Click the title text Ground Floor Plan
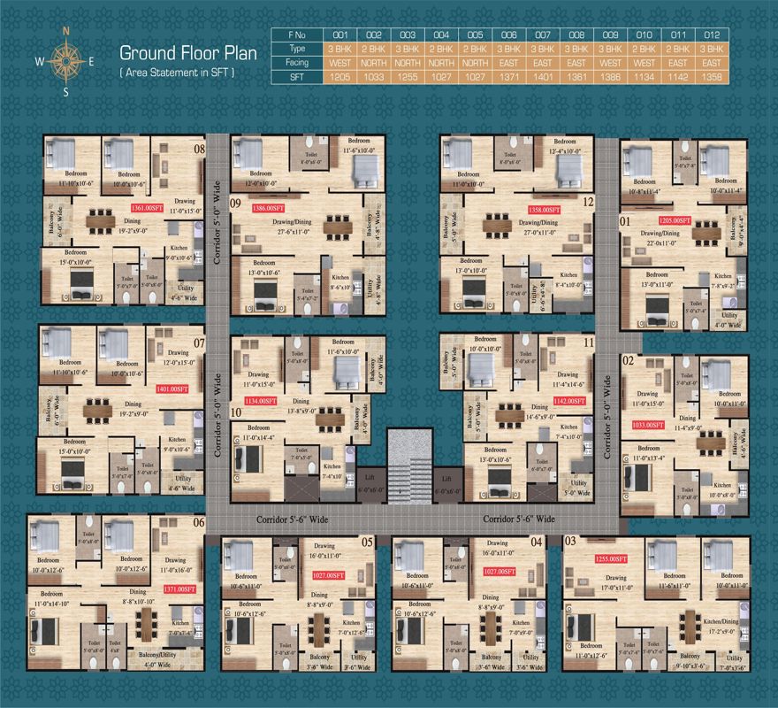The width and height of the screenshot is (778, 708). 188,52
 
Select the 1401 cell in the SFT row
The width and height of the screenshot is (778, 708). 542,77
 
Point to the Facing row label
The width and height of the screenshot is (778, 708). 296,63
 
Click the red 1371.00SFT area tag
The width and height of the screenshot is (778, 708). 178,589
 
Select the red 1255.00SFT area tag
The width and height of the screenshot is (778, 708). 609,559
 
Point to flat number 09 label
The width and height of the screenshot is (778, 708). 236,204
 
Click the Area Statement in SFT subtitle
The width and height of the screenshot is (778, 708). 177,71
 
